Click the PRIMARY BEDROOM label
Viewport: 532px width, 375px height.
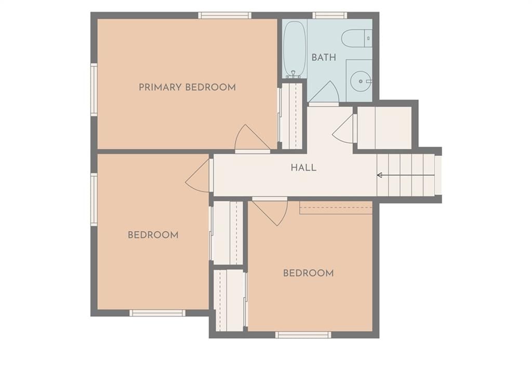(187, 88)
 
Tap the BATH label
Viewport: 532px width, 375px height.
(324, 58)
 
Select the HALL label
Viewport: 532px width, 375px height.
(303, 168)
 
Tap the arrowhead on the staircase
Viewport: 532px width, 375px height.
(380, 175)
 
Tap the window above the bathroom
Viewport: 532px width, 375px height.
(329, 15)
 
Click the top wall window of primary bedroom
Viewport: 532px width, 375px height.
(224, 15)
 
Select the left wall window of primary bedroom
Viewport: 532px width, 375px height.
(94, 90)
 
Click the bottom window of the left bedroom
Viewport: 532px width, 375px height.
(157, 313)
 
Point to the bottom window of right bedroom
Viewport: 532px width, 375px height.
(303, 335)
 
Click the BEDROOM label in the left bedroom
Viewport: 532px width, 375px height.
(153, 235)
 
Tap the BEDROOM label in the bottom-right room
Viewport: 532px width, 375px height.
(309, 273)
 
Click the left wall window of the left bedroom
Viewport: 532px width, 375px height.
(94, 200)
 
